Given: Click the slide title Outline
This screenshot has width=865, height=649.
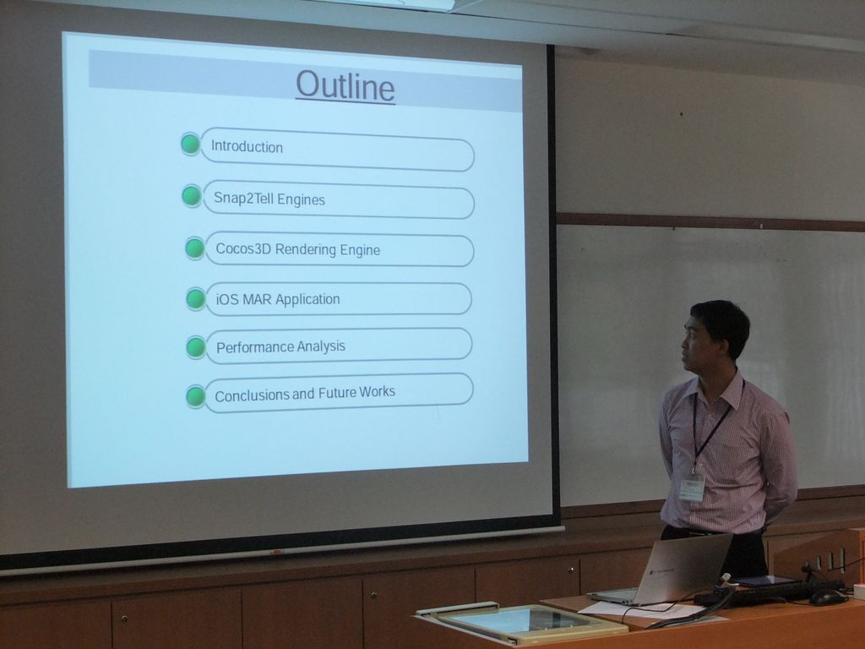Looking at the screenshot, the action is (345, 86).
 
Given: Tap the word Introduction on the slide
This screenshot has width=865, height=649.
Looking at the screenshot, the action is (247, 147).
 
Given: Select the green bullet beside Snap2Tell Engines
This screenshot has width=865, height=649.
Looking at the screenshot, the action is (192, 196).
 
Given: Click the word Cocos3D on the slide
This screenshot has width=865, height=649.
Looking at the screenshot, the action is (242, 248).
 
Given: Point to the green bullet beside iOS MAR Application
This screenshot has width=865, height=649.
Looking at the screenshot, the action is (196, 298).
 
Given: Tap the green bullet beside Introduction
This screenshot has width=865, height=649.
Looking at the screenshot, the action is (190, 144).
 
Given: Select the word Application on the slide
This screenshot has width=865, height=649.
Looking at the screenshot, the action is (307, 299).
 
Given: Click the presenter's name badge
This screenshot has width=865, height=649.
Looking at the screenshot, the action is (692, 489).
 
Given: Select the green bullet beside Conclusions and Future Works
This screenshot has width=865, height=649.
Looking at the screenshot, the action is (196, 397).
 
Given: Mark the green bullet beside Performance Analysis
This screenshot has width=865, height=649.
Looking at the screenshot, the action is (196, 347).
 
